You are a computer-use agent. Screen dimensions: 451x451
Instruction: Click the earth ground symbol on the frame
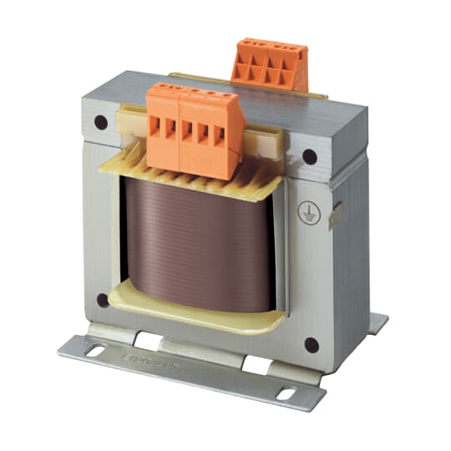coord(306,210)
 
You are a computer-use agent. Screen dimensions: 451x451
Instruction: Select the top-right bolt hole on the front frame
coord(309,156)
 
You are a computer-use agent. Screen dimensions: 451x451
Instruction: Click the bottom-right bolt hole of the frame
coord(311,342)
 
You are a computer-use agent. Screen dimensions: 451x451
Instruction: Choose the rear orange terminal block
coord(270,63)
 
